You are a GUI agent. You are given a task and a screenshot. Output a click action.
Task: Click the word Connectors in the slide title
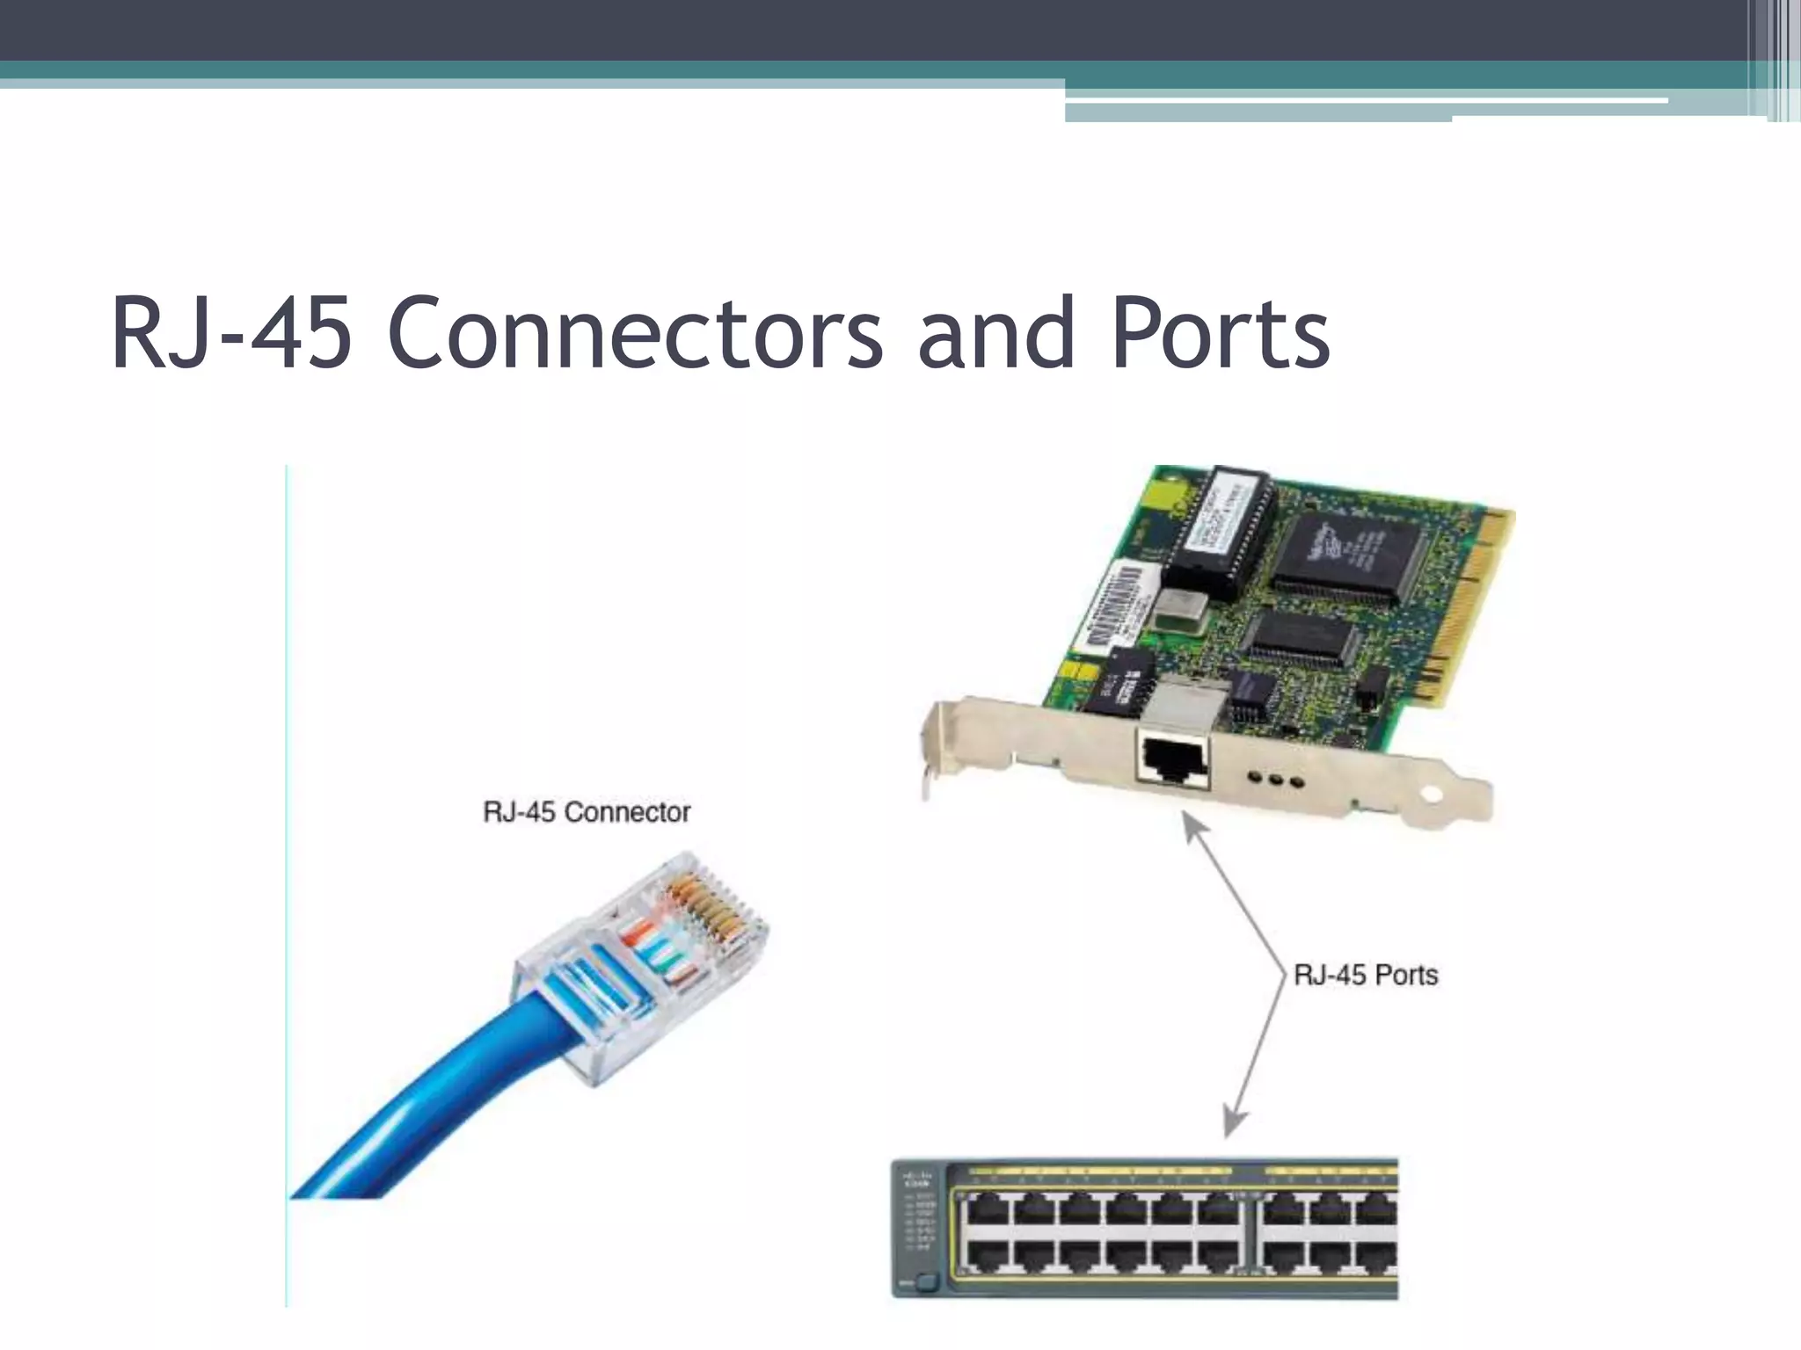[635, 334]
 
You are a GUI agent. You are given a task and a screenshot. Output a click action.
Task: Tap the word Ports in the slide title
[1221, 334]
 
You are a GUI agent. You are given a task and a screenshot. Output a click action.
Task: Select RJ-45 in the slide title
[231, 334]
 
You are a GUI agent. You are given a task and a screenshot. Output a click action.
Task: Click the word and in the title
[995, 334]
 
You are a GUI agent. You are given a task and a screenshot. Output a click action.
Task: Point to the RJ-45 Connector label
[587, 812]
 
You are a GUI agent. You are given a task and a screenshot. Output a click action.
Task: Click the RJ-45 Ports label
[1366, 976]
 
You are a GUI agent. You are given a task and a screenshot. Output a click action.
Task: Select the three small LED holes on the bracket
[1276, 780]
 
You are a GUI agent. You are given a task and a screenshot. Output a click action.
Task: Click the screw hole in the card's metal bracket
[1432, 795]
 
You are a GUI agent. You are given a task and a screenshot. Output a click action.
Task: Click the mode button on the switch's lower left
[925, 1282]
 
